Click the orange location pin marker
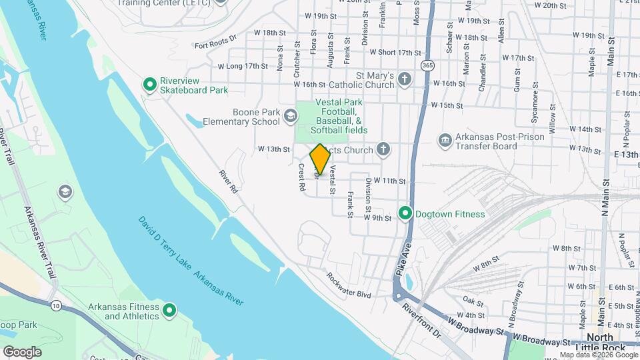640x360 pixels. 320,159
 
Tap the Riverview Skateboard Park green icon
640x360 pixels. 150,85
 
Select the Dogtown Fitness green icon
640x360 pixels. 405,214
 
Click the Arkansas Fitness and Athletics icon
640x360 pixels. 169,310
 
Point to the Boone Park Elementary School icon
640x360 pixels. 290,117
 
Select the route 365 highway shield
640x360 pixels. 427,65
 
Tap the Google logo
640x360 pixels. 22,351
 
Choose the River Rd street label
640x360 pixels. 229,181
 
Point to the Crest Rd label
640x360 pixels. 301,179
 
